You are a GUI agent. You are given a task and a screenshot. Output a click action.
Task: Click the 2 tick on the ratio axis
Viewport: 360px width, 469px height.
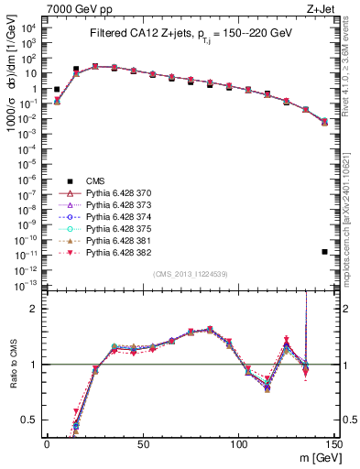click(36, 309)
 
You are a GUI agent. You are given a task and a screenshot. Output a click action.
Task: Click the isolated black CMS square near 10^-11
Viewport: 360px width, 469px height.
click(325, 251)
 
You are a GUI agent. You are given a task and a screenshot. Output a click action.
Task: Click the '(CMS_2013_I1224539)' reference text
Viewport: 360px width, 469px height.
click(190, 273)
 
